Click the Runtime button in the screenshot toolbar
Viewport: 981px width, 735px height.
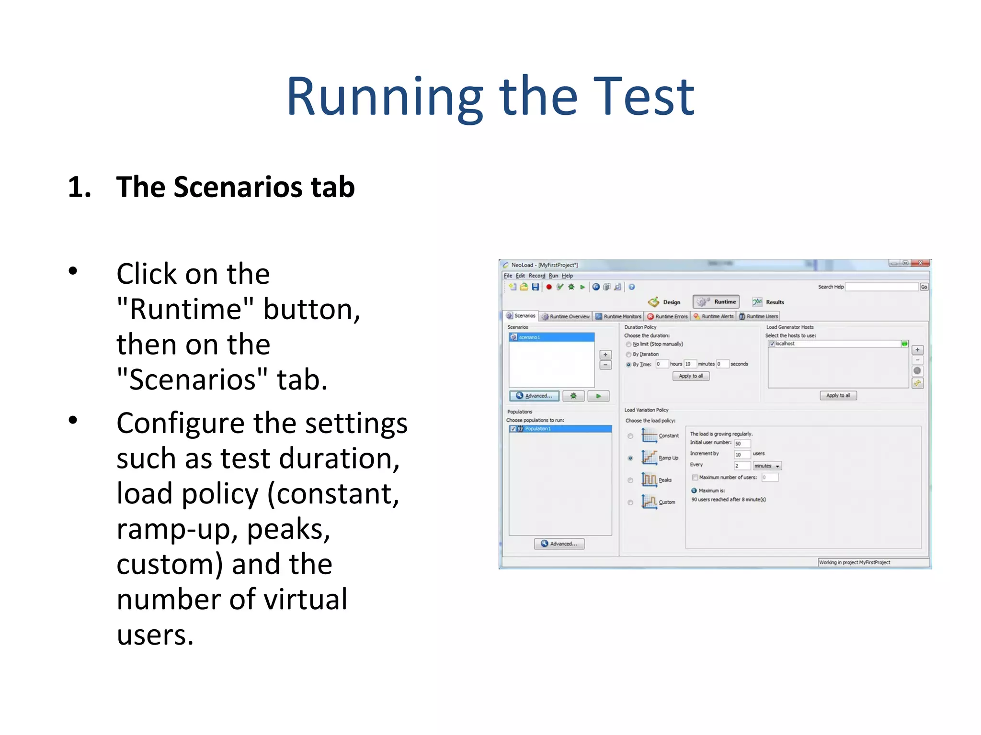(x=716, y=302)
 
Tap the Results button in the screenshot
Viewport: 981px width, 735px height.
(x=768, y=302)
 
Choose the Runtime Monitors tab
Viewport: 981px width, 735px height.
(x=618, y=316)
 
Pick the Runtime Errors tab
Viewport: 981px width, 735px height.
(x=668, y=316)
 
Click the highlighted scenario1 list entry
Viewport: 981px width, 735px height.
(x=551, y=337)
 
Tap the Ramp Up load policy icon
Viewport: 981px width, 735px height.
(x=649, y=457)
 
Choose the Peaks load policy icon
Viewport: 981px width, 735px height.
(x=649, y=479)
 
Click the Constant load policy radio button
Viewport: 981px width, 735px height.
(x=630, y=436)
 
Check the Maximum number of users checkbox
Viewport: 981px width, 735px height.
(x=695, y=478)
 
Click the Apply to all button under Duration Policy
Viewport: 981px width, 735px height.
(x=691, y=376)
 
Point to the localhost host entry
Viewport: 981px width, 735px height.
(x=786, y=344)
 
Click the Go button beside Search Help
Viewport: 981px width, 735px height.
(x=924, y=287)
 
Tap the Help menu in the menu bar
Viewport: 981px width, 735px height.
(x=567, y=276)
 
